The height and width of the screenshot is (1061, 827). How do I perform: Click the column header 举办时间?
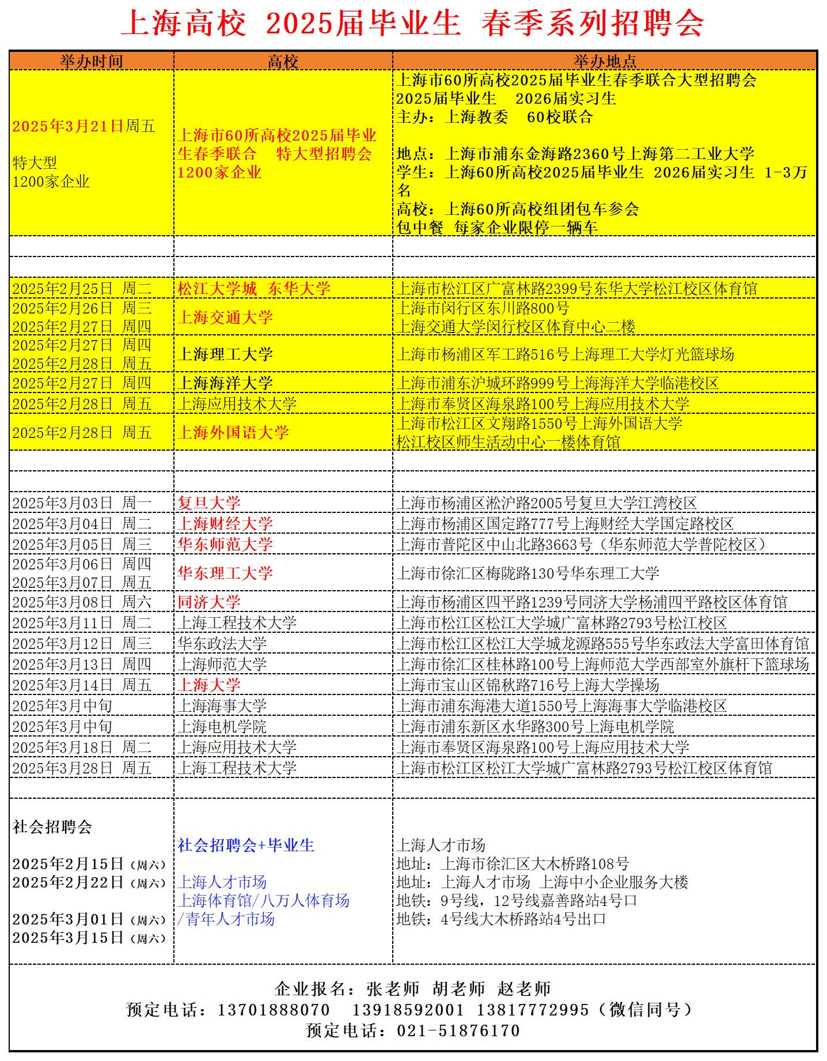[92, 61]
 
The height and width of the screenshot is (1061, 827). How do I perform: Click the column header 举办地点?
[604, 61]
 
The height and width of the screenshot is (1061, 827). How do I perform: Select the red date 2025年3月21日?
[68, 126]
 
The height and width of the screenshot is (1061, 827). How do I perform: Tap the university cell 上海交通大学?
[225, 317]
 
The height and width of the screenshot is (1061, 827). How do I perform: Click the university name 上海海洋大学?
[225, 383]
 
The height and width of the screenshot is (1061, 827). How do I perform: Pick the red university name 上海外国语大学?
[233, 432]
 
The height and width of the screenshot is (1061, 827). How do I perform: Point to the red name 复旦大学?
[209, 503]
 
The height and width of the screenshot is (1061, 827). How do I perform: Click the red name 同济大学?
[209, 602]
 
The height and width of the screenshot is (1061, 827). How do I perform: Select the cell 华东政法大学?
[222, 644]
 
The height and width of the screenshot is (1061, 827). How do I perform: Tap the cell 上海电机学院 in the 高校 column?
[222, 727]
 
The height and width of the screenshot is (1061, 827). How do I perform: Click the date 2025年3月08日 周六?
[82, 602]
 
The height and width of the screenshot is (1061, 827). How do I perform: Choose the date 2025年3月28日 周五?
[82, 768]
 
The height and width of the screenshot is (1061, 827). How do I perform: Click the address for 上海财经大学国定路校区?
[565, 524]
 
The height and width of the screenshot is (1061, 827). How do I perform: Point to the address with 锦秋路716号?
[528, 685]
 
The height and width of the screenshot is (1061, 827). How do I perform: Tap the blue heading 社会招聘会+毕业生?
[246, 845]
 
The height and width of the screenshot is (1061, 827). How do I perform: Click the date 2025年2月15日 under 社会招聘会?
[68, 864]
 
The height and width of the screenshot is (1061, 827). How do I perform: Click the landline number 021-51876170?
[458, 1030]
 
